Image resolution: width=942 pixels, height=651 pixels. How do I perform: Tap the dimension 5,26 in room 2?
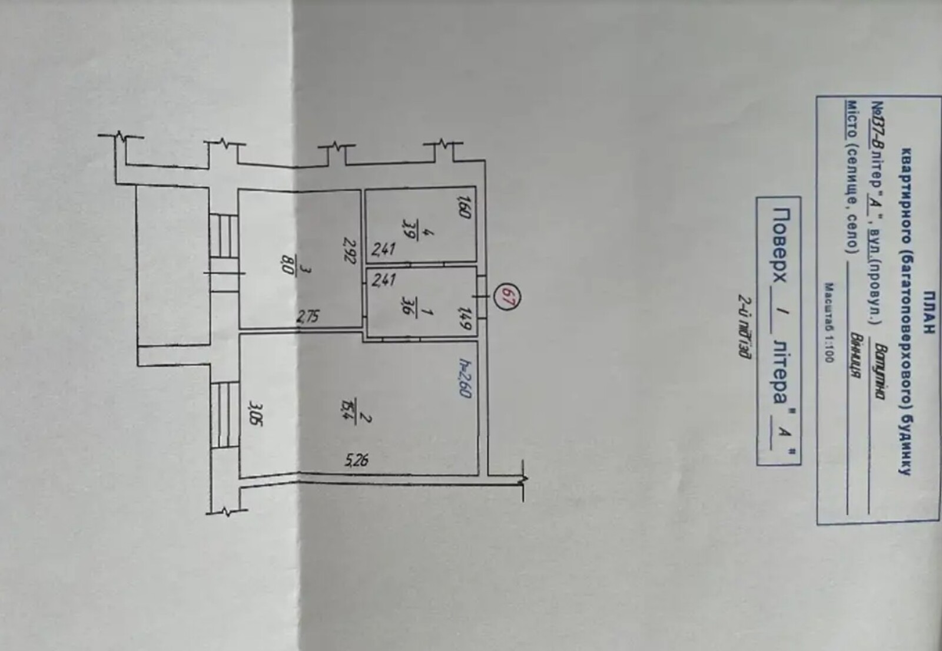(x=357, y=459)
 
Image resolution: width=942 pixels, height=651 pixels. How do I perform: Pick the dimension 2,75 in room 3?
(x=308, y=317)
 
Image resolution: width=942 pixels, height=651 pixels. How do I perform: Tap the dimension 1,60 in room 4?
(x=464, y=209)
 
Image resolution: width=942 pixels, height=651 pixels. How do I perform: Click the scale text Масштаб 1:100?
(x=828, y=323)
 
